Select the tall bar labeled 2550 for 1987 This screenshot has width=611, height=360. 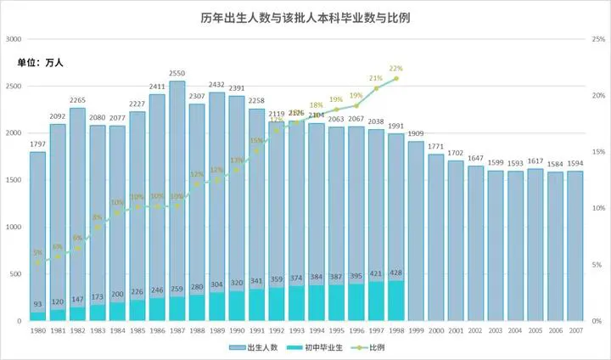pos(177,195)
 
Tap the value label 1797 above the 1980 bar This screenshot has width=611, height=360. pos(38,144)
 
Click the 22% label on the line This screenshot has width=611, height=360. pos(395,69)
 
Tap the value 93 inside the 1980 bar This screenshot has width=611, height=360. pos(38,305)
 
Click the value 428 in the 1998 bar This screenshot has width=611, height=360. pos(395,273)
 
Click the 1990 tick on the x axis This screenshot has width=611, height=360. pos(237,330)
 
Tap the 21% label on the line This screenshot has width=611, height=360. pos(376,78)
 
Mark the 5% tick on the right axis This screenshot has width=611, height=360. pos(597,265)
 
